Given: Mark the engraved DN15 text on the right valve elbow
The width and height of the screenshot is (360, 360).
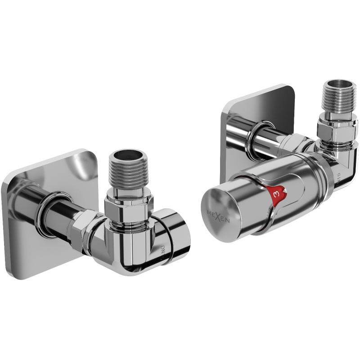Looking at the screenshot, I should [x=340, y=178].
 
